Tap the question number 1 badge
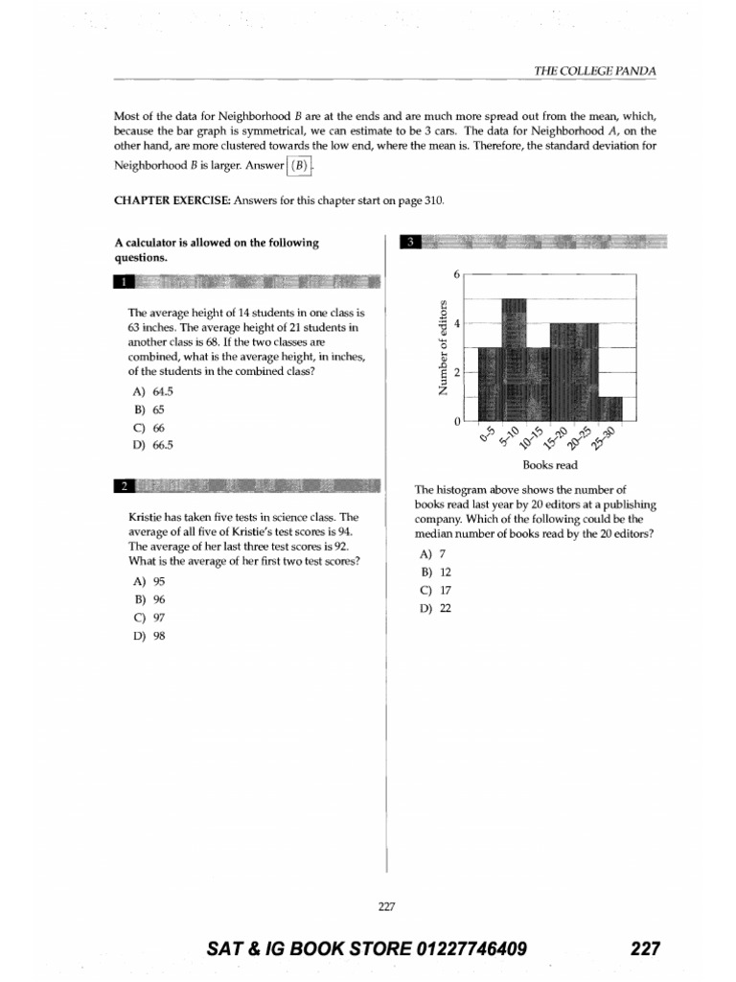(123, 282)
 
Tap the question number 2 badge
(123, 486)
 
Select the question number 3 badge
(409, 242)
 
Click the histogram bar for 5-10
(515, 360)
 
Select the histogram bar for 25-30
(610, 409)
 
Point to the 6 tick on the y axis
(457, 274)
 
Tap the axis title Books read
(549, 465)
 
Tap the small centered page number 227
(386, 904)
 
